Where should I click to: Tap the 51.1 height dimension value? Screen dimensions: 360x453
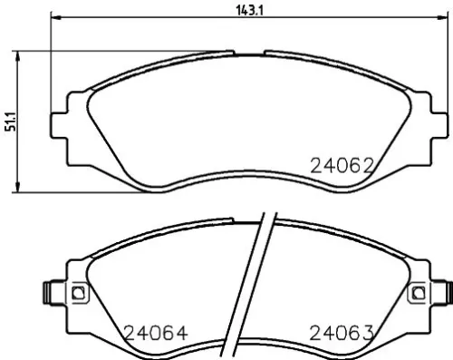[x=10, y=122]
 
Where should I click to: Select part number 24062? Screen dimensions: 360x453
[x=342, y=166]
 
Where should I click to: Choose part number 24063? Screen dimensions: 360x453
[x=342, y=333]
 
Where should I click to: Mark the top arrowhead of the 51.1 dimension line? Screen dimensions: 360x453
[x=21, y=54]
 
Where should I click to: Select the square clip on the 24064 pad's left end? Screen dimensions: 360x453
[x=77, y=292]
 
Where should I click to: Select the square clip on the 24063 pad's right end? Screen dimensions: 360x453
[x=417, y=292]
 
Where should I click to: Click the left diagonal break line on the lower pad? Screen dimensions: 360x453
[x=255, y=281]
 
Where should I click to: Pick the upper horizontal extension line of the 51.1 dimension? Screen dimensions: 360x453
[x=109, y=51]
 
